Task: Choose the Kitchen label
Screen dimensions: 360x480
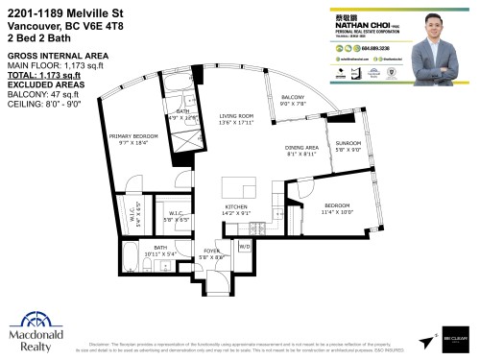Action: pyautogui.click(x=236, y=207)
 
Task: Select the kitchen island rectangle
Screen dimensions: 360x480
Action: pyautogui.click(x=233, y=185)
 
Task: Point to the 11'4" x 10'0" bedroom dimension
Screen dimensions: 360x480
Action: pyautogui.click(x=338, y=211)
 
